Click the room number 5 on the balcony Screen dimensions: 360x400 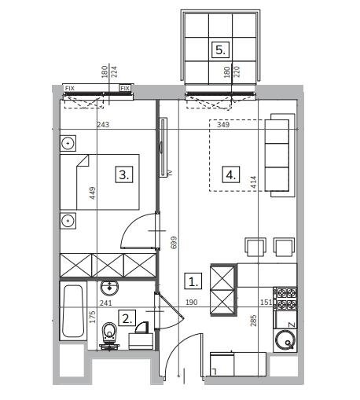pos(220,50)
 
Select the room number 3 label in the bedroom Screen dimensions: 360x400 pos(124,174)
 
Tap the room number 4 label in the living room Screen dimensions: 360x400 pos(231,174)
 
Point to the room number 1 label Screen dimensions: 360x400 pos(193,281)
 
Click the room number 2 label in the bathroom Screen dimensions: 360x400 pos(127,317)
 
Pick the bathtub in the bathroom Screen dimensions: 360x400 pos(73,311)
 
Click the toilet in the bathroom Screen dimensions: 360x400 pos(109,336)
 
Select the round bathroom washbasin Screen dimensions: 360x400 pos(109,288)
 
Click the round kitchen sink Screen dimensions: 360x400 pos(285,340)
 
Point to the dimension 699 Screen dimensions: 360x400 pos(174,243)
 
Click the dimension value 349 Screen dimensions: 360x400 pos(223,124)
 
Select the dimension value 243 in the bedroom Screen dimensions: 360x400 pos(103,124)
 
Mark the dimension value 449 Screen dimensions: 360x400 pos(93,193)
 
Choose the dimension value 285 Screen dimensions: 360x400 pos(253,321)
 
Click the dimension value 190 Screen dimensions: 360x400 pos(192,303)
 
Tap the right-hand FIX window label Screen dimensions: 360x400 pos(125,88)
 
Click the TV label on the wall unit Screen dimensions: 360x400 pos(170,172)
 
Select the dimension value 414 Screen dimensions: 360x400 pos(253,182)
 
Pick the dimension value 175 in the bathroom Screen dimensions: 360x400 pos(93,317)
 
